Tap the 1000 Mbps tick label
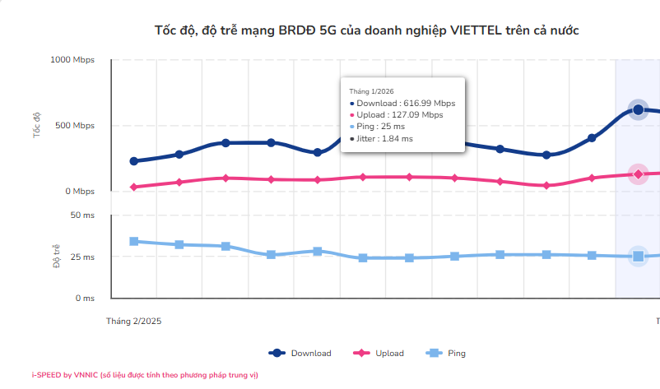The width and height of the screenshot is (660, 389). pos(72,60)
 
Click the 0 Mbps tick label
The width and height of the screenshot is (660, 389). pos(79,192)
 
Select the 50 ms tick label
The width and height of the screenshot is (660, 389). pos(82,215)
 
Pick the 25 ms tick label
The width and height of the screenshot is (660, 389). pos(82,257)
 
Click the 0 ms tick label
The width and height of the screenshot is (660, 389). pos(85,299)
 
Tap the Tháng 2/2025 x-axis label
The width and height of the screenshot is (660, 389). pos(133,322)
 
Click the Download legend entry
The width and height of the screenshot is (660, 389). pos(300,353)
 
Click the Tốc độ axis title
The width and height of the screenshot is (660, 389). pos(37,125)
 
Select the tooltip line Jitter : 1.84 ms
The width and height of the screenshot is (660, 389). pos(384,139)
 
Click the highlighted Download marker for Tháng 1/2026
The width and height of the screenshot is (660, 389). pos(638,110)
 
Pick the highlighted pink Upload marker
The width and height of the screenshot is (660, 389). pos(638,174)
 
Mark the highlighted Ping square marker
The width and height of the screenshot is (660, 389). pos(638,257)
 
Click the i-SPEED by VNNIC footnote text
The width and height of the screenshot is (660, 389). pos(145,375)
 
